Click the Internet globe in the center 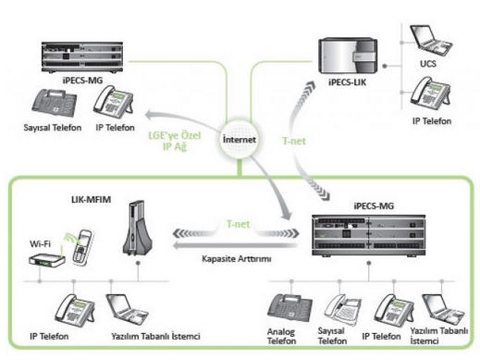pyautogui.click(x=239, y=139)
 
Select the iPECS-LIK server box pyautogui.click(x=348, y=56)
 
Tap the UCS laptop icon pyautogui.click(x=431, y=41)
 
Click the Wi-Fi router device pyautogui.click(x=47, y=260)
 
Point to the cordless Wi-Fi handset pyautogui.click(x=82, y=247)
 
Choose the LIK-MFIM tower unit pyautogui.click(x=137, y=228)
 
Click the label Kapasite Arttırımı pyautogui.click(x=237, y=258)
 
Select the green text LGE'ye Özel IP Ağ pyautogui.click(x=175, y=141)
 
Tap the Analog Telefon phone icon pyautogui.click(x=289, y=308)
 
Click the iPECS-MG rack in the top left pyautogui.click(x=82, y=57)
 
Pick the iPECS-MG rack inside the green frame pyautogui.click(x=369, y=235)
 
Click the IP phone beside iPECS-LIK pyautogui.click(x=430, y=93)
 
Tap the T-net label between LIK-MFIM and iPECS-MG pyautogui.click(x=238, y=224)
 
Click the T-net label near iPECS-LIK pyautogui.click(x=294, y=141)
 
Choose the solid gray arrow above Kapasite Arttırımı pyautogui.click(x=235, y=245)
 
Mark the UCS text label pyautogui.click(x=428, y=64)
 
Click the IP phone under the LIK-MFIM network pyautogui.click(x=75, y=309)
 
